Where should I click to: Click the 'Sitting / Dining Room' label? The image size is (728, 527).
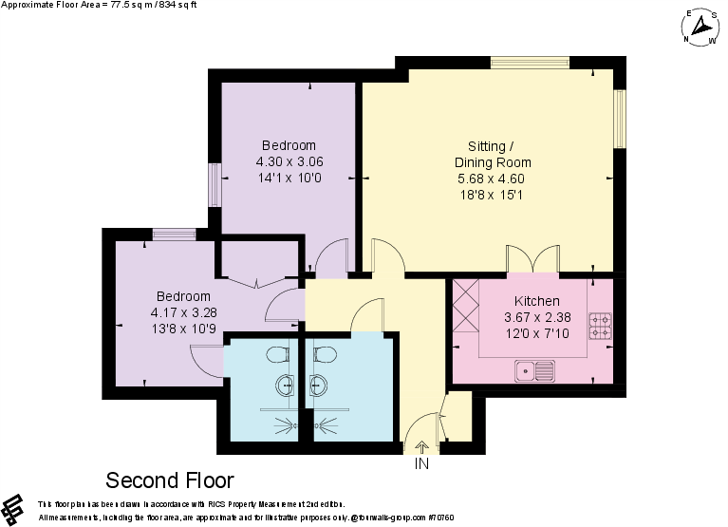pos(492,154)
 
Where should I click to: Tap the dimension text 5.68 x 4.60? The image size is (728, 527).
pos(491,179)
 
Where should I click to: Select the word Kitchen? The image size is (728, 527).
pos(532,301)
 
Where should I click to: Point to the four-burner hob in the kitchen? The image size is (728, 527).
pos(600,326)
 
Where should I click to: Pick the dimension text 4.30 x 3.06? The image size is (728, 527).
pos(289,161)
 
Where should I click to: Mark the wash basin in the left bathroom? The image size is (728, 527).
pos(285,386)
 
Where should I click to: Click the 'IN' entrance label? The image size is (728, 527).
pos(421,463)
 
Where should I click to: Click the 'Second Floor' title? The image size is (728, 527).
pos(169,480)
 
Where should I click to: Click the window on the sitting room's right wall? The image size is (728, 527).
pos(620,118)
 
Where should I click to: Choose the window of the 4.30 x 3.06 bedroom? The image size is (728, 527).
pos(215,183)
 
